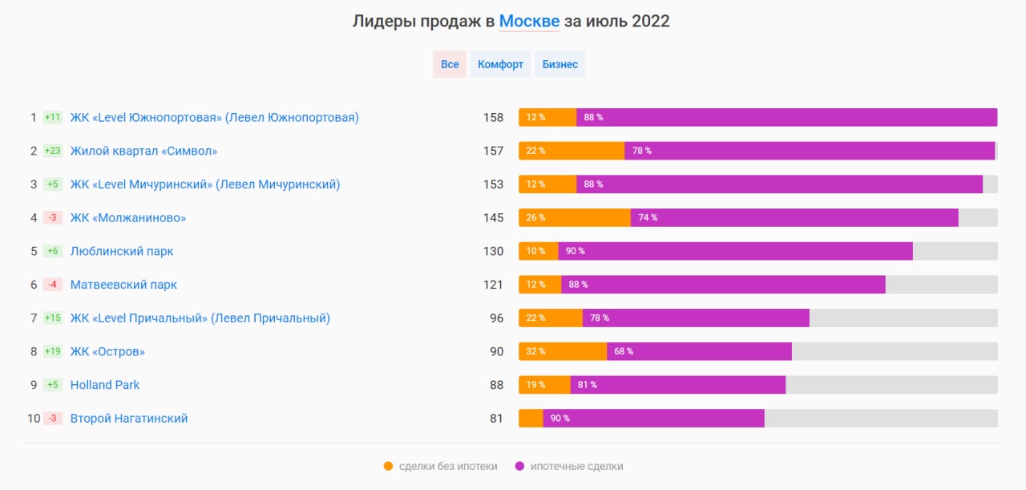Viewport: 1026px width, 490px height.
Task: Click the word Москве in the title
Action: (529, 22)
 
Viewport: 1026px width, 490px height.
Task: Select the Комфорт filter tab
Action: (500, 64)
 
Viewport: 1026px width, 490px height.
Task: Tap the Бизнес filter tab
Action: (559, 64)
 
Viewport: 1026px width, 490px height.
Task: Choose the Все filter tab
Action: (450, 64)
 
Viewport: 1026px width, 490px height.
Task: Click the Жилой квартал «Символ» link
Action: (143, 151)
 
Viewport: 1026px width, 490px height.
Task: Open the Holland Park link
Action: (105, 385)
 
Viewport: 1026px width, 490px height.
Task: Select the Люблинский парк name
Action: (122, 251)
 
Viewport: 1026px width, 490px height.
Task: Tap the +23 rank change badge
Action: (53, 151)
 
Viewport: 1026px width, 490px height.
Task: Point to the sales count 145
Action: (493, 218)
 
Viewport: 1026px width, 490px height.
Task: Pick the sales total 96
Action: (497, 318)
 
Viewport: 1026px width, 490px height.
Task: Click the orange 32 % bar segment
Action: (563, 351)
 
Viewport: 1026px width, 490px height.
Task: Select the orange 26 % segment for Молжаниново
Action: (575, 218)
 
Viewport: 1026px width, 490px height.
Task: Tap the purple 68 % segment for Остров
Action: (699, 351)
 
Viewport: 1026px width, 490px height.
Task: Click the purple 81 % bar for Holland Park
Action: (678, 385)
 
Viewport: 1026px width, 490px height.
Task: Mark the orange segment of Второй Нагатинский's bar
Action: (531, 419)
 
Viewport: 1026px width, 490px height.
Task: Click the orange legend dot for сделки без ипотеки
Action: (389, 466)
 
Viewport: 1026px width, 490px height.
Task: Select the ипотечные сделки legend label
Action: (576, 466)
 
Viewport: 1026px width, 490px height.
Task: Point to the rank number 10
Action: (34, 419)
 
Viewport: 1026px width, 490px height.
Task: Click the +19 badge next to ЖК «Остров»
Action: (53, 351)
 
